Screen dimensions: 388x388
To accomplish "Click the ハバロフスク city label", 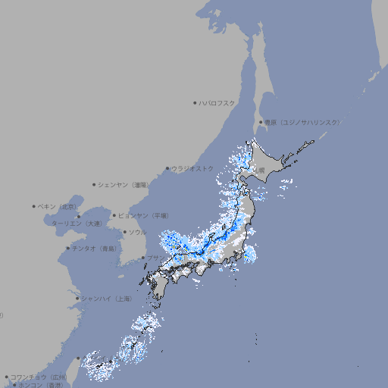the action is tap(217, 102).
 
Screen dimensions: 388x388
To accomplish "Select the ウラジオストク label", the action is tap(192, 168).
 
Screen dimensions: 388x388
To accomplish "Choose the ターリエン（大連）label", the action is tap(76, 224).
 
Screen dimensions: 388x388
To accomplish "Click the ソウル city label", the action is tap(137, 232).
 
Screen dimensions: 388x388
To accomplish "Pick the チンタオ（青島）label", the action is tap(95, 249).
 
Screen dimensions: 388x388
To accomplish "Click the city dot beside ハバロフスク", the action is tap(195, 102).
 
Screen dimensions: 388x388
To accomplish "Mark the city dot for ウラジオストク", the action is tap(167, 168).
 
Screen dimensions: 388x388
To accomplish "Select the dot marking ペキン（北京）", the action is tap(34, 206).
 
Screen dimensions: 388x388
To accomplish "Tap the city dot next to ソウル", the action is tap(124, 232).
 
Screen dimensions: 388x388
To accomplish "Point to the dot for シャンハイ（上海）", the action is tap(77, 299).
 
